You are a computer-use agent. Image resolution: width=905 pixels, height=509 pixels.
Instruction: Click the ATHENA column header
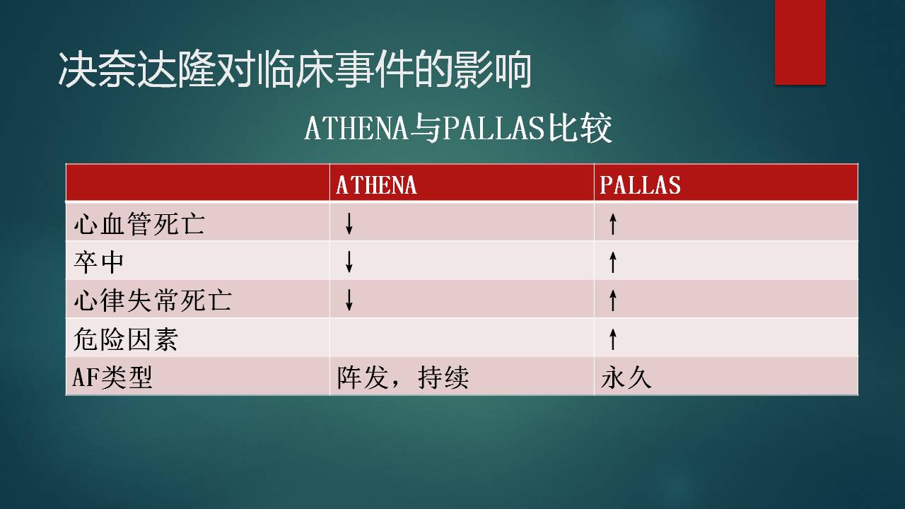point(376,185)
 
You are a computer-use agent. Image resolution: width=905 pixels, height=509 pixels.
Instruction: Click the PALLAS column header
point(640,185)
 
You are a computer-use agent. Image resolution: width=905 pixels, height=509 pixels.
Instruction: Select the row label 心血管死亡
point(139,223)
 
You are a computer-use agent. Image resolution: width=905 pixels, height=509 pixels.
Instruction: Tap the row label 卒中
point(99,262)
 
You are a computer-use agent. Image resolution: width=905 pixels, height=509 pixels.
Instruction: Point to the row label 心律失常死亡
point(152,300)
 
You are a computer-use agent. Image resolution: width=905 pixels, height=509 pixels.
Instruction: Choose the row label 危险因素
point(126,339)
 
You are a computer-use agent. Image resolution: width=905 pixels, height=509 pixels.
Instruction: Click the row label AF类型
point(112,378)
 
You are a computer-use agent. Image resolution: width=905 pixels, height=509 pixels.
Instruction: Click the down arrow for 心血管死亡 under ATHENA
point(349,223)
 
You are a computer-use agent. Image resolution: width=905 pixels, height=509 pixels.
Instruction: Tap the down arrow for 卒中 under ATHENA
point(349,262)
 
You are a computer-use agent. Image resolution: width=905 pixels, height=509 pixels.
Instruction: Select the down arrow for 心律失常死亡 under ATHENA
point(349,300)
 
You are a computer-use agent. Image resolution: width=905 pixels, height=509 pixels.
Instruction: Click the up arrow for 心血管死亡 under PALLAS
point(613,223)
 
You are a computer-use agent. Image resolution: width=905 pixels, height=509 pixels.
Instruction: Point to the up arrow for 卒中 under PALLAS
point(613,262)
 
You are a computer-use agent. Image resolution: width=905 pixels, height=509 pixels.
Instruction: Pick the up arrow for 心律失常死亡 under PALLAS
point(613,300)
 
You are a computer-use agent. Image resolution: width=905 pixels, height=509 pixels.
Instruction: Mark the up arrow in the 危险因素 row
point(613,339)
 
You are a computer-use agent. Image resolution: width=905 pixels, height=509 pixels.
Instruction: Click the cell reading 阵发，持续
point(403,378)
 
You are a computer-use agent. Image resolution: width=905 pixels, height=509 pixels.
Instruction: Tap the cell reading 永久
point(626,378)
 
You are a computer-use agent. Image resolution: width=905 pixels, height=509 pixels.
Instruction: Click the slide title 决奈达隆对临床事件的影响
point(295,69)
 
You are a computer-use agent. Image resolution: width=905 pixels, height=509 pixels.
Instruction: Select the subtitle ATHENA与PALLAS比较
point(458,128)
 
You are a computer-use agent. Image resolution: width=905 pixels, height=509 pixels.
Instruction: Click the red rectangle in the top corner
point(800,42)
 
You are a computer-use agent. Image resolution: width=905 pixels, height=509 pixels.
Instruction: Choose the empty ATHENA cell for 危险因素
point(462,338)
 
